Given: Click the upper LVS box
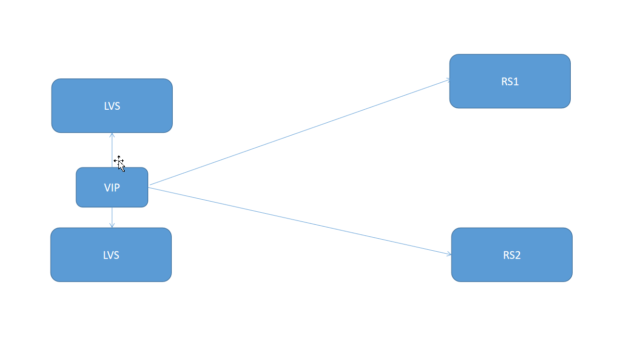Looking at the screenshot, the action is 112,106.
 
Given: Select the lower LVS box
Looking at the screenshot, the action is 111,255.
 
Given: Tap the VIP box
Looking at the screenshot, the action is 112,187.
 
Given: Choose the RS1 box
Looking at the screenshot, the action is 510,81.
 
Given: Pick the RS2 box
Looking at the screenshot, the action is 512,255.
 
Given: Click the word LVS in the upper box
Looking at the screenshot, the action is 112,106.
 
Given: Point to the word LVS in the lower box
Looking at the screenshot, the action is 111,255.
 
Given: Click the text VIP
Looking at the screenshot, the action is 112,188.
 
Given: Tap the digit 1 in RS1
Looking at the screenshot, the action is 516,82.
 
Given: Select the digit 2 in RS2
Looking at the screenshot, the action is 518,255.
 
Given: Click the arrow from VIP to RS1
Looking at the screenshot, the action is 300,132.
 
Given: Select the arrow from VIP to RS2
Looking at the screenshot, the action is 300,221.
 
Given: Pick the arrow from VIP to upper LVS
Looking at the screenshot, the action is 112,150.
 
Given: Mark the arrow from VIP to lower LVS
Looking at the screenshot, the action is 112,218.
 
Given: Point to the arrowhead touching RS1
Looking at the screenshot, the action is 448,80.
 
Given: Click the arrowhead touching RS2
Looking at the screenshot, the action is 449,254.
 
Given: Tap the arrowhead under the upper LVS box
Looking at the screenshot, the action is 112,135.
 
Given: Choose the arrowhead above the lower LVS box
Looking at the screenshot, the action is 112,226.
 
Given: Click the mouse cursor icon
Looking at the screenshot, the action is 119,164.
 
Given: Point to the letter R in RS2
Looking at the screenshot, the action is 506,255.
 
